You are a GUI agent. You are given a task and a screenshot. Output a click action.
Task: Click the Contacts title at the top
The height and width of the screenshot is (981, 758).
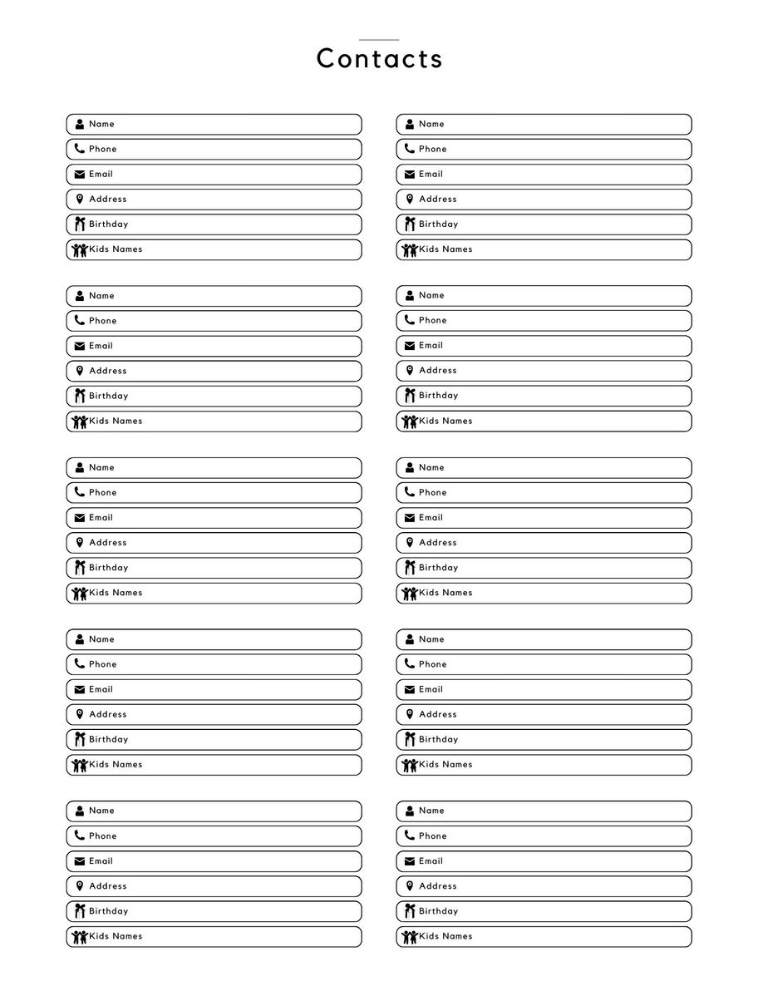[379, 59]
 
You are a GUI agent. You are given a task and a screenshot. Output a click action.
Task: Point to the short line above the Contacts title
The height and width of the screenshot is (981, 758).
[379, 40]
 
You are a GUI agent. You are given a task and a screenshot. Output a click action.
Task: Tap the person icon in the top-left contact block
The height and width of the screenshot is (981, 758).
[80, 125]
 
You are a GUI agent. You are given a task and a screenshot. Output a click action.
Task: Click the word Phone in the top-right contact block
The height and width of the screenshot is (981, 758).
[432, 150]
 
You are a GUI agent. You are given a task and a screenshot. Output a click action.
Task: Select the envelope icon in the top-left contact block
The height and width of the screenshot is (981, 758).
[80, 175]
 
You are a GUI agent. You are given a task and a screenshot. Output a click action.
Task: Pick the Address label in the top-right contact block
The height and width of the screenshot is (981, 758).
[437, 200]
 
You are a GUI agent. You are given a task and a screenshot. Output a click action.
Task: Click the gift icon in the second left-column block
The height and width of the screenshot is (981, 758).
[80, 396]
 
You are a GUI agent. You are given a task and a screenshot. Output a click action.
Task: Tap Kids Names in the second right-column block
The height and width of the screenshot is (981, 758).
[445, 421]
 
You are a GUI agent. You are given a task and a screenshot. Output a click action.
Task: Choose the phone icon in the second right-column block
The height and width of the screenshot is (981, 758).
[410, 320]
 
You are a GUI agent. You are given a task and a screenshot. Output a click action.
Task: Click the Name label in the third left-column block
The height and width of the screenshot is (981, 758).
[101, 468]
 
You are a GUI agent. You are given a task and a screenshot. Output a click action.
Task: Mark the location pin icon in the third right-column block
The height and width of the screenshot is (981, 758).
[410, 543]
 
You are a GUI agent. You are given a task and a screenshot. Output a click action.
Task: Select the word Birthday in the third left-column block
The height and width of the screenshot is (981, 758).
[108, 568]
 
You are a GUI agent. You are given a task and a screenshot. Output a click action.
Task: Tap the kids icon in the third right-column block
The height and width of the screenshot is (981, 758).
[410, 594]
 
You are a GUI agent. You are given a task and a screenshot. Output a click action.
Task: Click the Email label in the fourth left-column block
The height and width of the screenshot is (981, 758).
[101, 689]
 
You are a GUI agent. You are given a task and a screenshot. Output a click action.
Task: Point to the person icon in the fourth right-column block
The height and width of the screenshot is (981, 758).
[410, 639]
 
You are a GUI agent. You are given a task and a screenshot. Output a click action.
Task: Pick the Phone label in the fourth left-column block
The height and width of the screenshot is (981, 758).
[102, 664]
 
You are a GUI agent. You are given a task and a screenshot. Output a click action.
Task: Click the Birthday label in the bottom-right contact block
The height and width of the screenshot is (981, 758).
[438, 911]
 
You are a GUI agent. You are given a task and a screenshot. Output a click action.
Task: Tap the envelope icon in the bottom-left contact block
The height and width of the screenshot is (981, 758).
[80, 861]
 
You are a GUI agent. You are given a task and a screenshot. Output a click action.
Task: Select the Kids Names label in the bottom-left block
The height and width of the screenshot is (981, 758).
[116, 936]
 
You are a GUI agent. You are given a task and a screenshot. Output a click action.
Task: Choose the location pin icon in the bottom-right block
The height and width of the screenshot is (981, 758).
[410, 886]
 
